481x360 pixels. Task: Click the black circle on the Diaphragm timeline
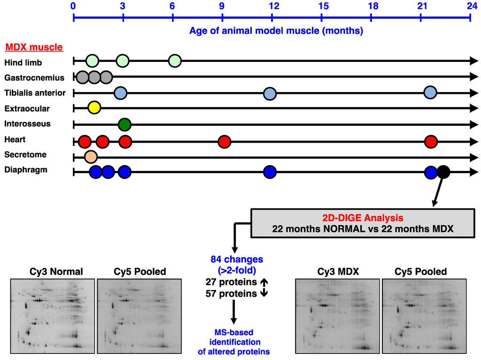(443, 172)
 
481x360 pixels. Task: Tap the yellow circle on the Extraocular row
(94, 108)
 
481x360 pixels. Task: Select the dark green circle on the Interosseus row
(124, 124)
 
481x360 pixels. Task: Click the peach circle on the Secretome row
(90, 156)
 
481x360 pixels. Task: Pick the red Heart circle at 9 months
(225, 141)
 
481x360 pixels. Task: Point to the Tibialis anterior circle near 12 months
(270, 93)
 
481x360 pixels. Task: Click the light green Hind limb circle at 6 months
(175, 61)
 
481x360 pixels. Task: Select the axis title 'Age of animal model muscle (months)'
(276, 31)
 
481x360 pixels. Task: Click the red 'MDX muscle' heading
(34, 47)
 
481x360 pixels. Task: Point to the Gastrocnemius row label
(34, 77)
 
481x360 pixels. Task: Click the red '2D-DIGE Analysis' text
(362, 218)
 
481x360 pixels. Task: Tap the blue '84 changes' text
(233, 259)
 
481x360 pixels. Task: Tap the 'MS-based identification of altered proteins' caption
(233, 342)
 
